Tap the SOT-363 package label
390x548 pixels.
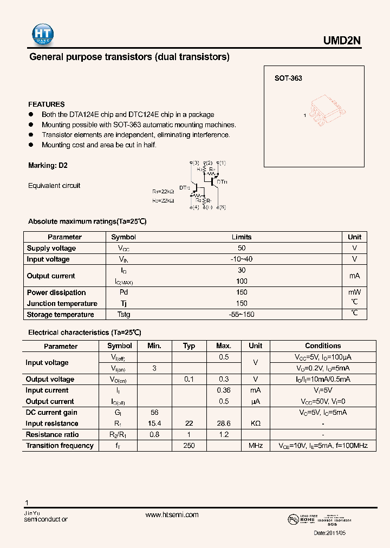coord(288,78)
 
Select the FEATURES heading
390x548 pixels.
coord(47,104)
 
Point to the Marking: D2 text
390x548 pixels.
coord(48,165)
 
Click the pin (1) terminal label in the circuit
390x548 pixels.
coord(222,163)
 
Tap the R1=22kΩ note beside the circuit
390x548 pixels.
coord(163,191)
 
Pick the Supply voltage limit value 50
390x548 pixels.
coord(242,248)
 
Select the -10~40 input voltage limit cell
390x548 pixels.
coord(242,259)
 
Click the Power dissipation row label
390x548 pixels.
coord(56,292)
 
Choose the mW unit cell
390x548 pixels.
coord(354,292)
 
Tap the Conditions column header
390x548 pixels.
coord(323,345)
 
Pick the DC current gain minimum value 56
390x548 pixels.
coord(154,413)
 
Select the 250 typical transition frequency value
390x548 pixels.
coord(188,446)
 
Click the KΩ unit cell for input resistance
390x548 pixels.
coord(255,423)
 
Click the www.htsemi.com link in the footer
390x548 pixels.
coord(172,515)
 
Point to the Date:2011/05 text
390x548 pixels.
coord(329,533)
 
